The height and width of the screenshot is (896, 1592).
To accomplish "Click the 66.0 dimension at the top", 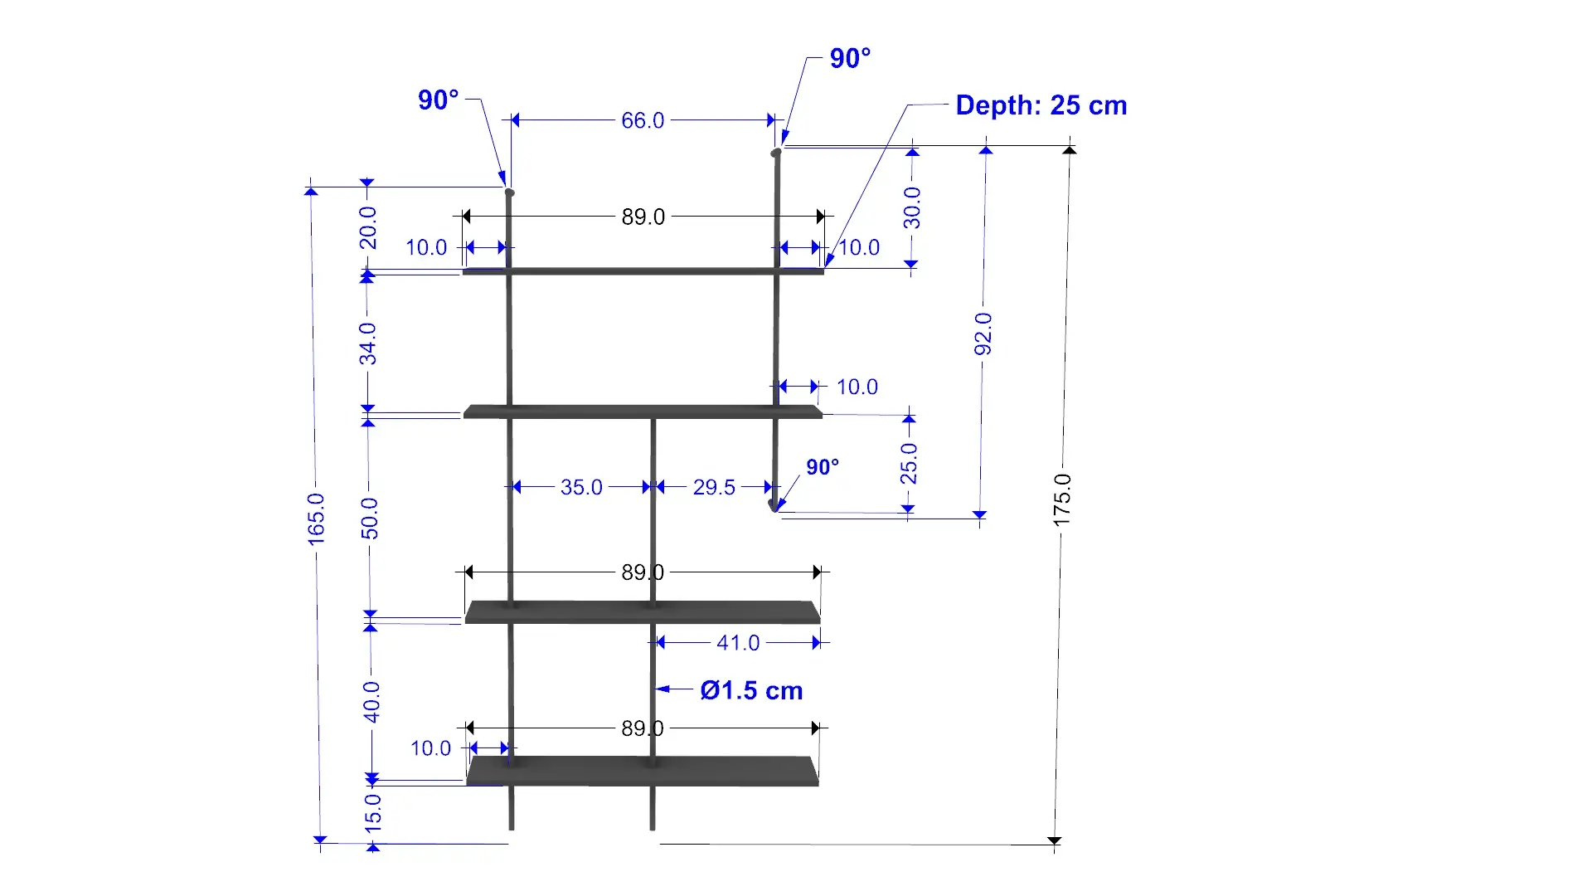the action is [x=643, y=120].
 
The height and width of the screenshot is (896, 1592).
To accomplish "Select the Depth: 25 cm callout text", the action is [x=1041, y=105].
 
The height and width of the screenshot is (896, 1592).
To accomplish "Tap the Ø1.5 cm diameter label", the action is [x=751, y=690].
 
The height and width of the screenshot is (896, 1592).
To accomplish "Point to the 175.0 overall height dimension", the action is [x=1062, y=499].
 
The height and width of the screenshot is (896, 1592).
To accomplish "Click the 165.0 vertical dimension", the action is [x=316, y=519].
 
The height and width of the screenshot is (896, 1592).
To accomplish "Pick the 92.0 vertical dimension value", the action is [x=983, y=334].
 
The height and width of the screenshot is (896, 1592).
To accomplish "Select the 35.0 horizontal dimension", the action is [x=581, y=487].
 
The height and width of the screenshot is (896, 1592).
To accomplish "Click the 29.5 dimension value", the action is [x=714, y=487].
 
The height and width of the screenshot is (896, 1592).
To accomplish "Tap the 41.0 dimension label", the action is [x=738, y=643].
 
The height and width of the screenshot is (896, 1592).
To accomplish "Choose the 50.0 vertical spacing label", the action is [x=369, y=519].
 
